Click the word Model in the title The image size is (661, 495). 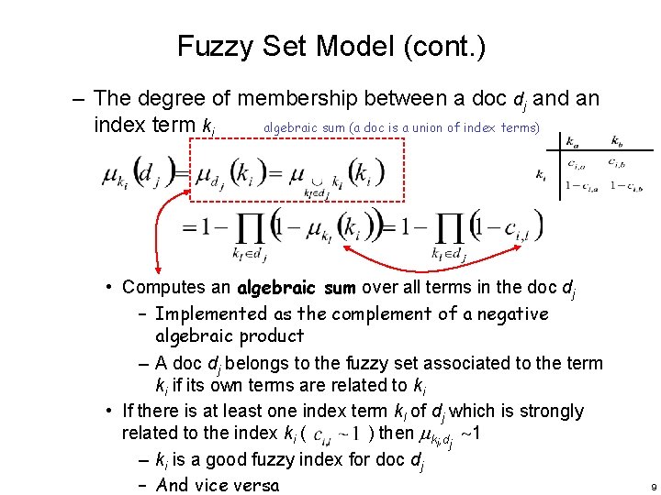pos(349,45)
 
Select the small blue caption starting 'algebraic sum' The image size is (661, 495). pos(400,126)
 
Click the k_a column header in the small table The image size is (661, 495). pos(575,141)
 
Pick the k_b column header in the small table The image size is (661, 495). pos(621,141)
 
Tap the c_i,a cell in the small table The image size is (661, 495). pos(577,165)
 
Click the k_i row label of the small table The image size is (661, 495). pos(542,175)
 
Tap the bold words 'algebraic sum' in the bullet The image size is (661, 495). pos(297,288)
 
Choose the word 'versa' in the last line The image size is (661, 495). pos(253,485)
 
